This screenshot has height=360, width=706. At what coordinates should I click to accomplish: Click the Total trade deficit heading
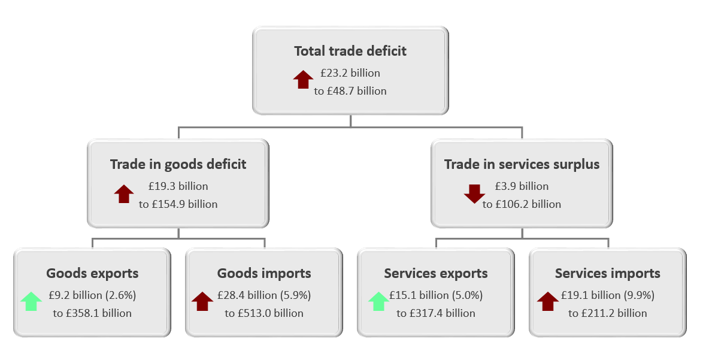click(x=350, y=51)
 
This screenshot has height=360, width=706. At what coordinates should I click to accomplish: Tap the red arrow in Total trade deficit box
click(x=303, y=79)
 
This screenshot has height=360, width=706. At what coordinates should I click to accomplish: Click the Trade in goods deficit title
click(x=178, y=165)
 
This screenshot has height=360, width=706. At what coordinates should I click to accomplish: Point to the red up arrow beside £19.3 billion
click(x=124, y=193)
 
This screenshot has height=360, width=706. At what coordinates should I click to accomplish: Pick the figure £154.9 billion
click(x=184, y=204)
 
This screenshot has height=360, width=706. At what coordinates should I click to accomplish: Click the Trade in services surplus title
click(x=522, y=165)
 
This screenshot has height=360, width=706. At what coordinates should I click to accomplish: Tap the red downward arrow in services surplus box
click(x=475, y=193)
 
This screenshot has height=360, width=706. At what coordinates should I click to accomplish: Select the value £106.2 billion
click(x=528, y=204)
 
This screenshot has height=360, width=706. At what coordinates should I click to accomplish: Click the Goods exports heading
click(x=92, y=274)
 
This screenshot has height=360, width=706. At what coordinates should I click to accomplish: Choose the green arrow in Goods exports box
click(x=31, y=301)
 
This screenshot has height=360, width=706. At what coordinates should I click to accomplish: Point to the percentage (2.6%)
click(x=121, y=295)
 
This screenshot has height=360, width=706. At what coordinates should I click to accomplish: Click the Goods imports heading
click(x=264, y=274)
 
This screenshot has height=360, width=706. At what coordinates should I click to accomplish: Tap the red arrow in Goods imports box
click(x=202, y=301)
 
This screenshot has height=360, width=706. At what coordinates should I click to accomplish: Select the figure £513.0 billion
click(x=271, y=313)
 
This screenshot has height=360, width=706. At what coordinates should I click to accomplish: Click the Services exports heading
click(x=436, y=274)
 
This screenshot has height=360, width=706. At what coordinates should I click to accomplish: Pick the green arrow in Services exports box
click(x=379, y=301)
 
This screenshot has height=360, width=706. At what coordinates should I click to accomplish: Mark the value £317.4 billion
click(x=442, y=313)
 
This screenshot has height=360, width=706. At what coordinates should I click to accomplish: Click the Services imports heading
click(x=608, y=274)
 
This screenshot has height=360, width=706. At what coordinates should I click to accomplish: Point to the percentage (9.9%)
click(x=639, y=295)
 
